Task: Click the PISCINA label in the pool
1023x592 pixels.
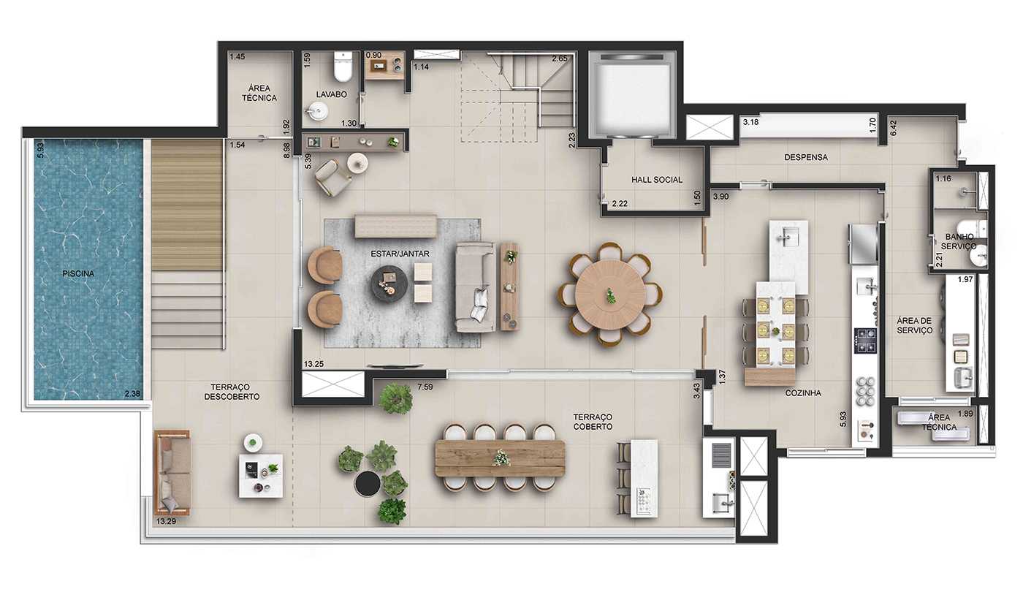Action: point(78,274)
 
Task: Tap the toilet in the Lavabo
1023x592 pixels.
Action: point(342,67)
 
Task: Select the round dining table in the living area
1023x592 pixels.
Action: point(610,294)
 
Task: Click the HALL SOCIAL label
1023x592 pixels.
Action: point(657,180)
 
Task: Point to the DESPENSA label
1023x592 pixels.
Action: point(806,157)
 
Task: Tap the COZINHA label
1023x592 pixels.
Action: point(803,393)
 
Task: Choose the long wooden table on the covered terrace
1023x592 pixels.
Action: point(501,458)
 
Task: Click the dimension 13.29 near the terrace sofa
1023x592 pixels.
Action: point(166,521)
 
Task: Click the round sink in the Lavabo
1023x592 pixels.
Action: point(317,111)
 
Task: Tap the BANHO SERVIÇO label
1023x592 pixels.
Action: point(959,241)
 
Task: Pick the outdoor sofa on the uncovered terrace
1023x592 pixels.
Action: point(172,472)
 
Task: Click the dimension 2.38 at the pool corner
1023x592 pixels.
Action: point(132,394)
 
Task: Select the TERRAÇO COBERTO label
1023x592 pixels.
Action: point(593,421)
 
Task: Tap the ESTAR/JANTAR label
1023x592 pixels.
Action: point(400,254)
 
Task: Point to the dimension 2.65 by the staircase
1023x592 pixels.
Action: point(560,58)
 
